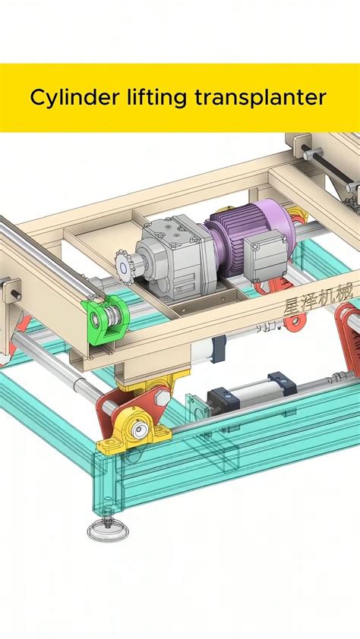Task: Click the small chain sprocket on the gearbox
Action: click(125, 263)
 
